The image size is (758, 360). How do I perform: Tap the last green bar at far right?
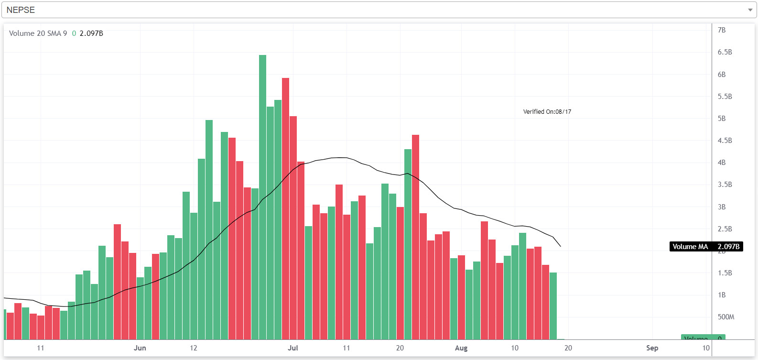point(553,306)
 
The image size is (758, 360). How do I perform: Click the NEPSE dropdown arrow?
point(750,10)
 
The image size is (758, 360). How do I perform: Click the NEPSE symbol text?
point(21,10)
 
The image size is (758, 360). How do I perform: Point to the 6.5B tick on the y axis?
point(725,52)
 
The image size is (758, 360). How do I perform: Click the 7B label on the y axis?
point(722,30)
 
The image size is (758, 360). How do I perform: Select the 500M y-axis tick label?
point(726,317)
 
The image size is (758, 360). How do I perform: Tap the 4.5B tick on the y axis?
point(725,141)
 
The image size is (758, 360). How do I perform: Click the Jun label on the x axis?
point(140,348)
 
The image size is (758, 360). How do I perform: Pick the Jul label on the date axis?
point(292,348)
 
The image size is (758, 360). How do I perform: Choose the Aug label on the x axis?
point(461,348)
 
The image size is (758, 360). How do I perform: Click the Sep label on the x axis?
point(652,348)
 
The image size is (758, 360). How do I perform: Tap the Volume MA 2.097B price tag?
point(706,247)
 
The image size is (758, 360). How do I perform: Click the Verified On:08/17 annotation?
point(547,112)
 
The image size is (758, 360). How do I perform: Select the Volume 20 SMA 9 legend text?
point(38,33)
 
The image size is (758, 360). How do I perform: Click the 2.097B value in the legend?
point(91,33)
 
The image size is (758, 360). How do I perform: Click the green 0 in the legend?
point(74,33)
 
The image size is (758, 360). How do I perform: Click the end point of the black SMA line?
point(561,246)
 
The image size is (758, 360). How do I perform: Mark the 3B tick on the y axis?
point(722,207)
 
